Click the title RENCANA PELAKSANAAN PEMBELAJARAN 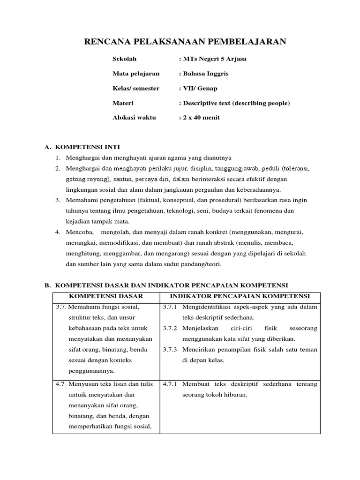[x=185, y=42]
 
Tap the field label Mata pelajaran [x=136, y=74]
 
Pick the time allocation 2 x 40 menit [x=201, y=118]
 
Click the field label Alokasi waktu [x=134, y=118]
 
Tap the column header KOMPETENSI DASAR [x=106, y=296]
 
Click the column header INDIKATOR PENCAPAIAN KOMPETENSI [x=240, y=296]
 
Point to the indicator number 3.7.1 [x=170, y=307]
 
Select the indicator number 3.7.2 [x=170, y=328]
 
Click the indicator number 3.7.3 [x=170, y=350]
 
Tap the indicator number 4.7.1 [x=170, y=384]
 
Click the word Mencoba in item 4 [x=79, y=232]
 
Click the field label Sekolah [x=124, y=59]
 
